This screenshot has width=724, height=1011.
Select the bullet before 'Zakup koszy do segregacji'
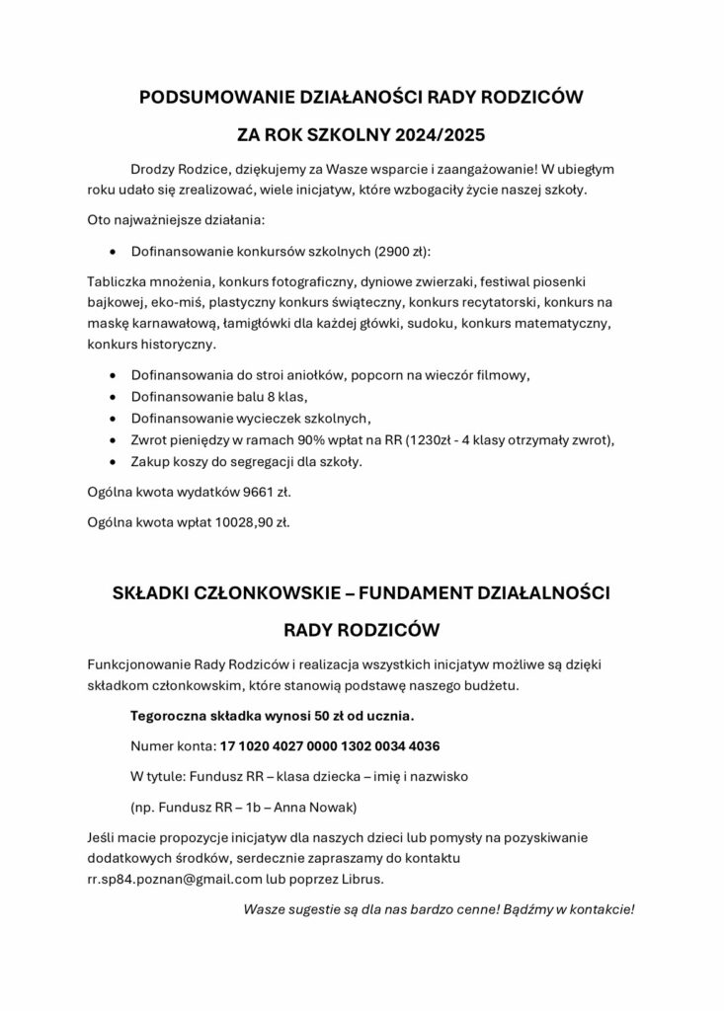point(119,461)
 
